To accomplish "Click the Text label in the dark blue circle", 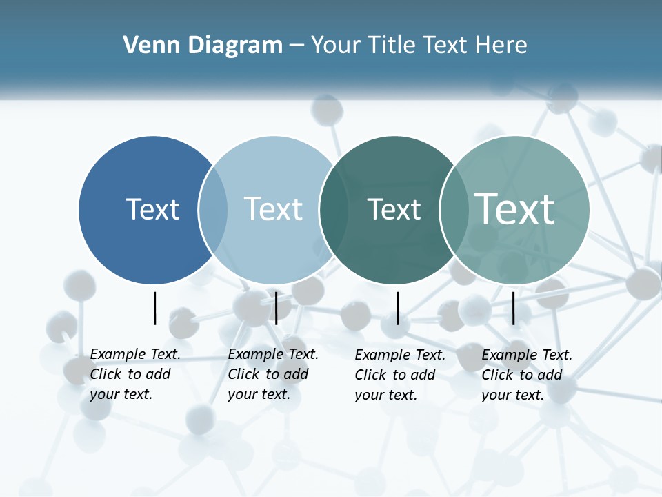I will pyautogui.click(x=152, y=209).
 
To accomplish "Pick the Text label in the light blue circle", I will pyautogui.click(x=273, y=209).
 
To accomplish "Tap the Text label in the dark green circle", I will pyautogui.click(x=394, y=209).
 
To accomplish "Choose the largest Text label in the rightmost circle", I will pyautogui.click(x=515, y=208).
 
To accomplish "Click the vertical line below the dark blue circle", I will pyautogui.click(x=155, y=308).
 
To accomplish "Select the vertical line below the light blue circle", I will pyautogui.click(x=276, y=308).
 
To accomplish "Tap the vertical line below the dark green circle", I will pyautogui.click(x=397, y=308).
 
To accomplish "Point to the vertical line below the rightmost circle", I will pyautogui.click(x=514, y=308).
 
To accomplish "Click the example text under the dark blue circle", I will pyautogui.click(x=135, y=374).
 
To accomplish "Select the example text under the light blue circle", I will pyautogui.click(x=273, y=374).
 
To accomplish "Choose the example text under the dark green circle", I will pyautogui.click(x=400, y=375).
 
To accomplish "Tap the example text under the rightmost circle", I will pyautogui.click(x=527, y=375).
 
